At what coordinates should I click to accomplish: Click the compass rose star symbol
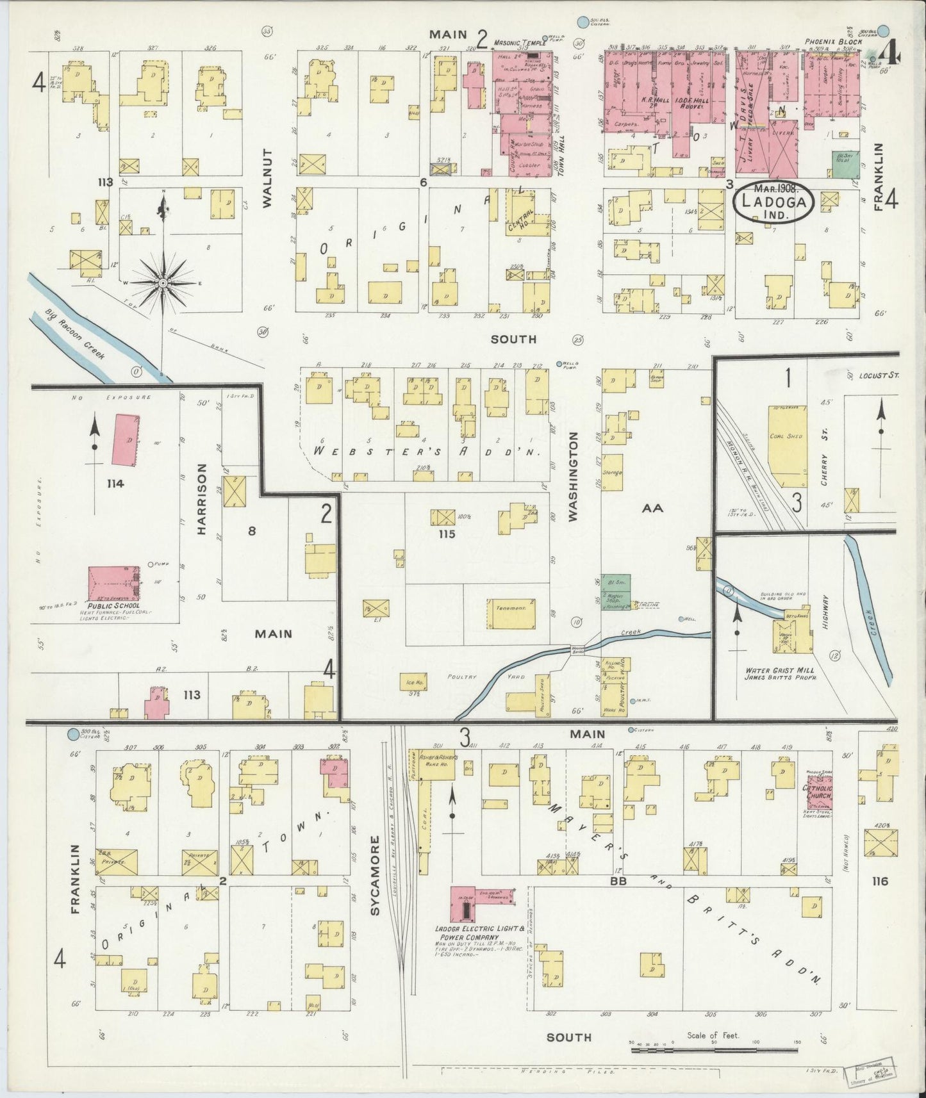click(163, 282)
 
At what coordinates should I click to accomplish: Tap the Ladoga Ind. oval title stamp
click(774, 202)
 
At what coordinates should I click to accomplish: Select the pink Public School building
click(113, 583)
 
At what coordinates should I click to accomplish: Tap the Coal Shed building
click(788, 447)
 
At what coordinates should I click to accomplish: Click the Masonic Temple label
click(519, 43)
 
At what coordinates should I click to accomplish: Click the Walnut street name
click(267, 178)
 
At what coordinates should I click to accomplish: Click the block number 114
click(115, 484)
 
